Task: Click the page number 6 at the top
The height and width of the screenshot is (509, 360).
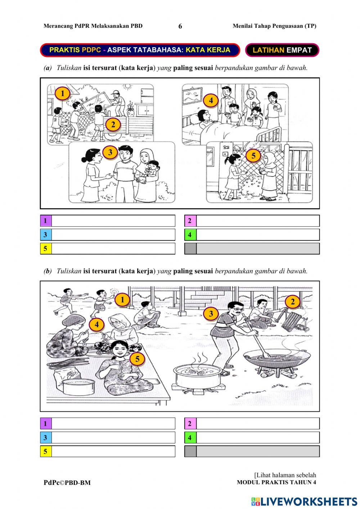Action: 180,26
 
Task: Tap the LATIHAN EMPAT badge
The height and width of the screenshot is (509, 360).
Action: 282,50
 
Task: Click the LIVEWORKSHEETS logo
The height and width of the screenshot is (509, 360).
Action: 304,501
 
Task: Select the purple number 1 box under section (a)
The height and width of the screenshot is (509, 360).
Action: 45,220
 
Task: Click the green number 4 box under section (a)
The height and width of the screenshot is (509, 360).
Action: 190,235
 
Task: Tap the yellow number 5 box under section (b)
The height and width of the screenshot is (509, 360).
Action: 45,451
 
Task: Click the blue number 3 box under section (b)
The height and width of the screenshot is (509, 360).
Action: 45,438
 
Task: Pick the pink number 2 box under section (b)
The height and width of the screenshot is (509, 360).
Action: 190,424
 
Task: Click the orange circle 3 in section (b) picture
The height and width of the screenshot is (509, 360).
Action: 211,313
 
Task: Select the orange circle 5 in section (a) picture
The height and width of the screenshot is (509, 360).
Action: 253,156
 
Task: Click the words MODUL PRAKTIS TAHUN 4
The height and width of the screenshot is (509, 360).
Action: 276,483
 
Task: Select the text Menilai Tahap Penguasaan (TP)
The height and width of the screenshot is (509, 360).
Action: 274,26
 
